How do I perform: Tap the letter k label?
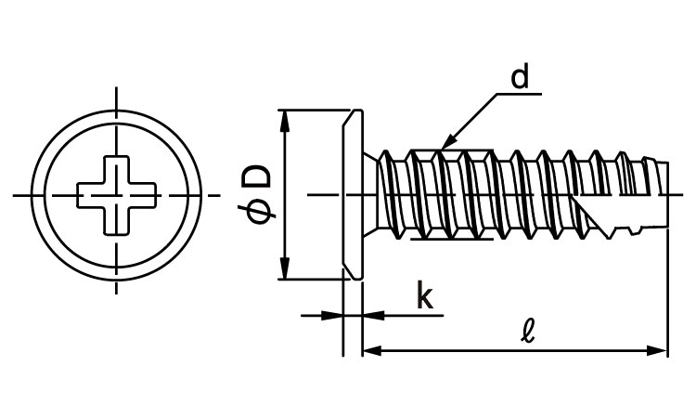[x=424, y=296]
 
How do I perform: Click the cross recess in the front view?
[x=117, y=195]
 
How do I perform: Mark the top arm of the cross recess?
[x=117, y=170]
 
